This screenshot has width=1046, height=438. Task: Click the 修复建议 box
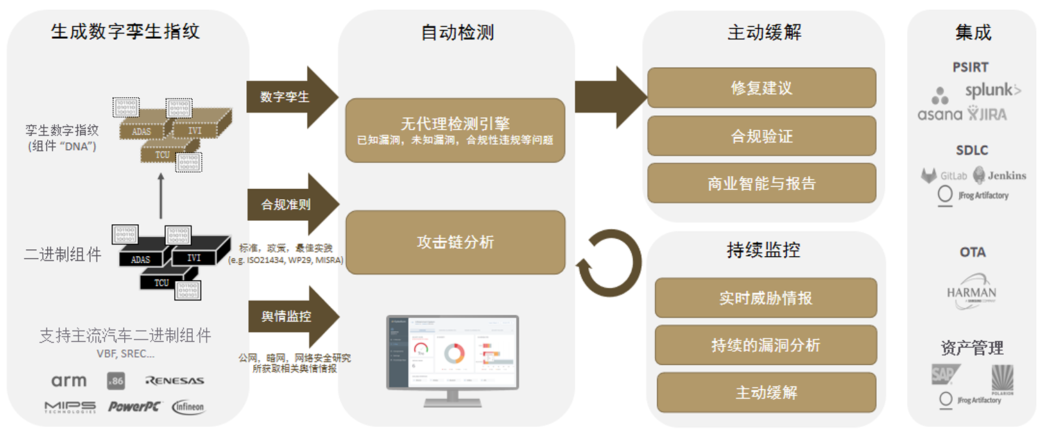tap(762, 88)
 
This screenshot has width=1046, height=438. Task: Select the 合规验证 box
tap(762, 136)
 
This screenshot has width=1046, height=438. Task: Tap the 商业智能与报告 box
tap(762, 183)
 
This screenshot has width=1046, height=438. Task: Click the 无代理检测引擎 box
tap(455, 130)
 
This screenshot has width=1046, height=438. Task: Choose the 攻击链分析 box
tap(455, 242)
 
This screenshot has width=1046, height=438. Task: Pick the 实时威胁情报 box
tap(766, 298)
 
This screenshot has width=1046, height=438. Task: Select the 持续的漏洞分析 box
tap(766, 345)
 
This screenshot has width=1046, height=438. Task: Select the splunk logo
tap(993, 90)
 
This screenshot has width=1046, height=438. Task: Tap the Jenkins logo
tap(1000, 175)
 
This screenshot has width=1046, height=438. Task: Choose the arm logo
tap(69, 380)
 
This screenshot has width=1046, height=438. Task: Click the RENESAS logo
tap(174, 380)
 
